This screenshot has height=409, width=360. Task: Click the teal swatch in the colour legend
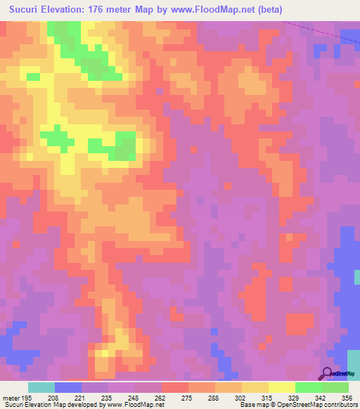(41, 387)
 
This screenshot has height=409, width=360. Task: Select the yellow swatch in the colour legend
(282, 387)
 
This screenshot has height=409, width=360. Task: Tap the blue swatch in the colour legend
(68, 387)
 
